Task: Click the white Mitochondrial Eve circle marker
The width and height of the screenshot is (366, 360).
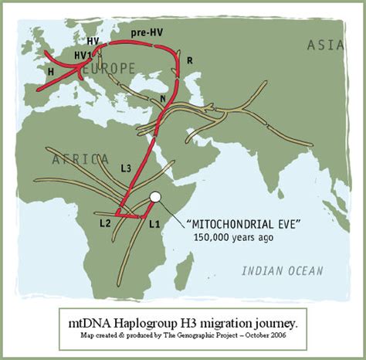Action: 154,197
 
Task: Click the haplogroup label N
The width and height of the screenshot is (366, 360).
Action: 162,99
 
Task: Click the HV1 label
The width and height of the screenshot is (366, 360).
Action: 82,56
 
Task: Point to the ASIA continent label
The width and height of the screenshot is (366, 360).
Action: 325,45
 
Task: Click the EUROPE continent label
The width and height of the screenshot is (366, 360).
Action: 108,68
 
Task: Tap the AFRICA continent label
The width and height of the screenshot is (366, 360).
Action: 80,160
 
